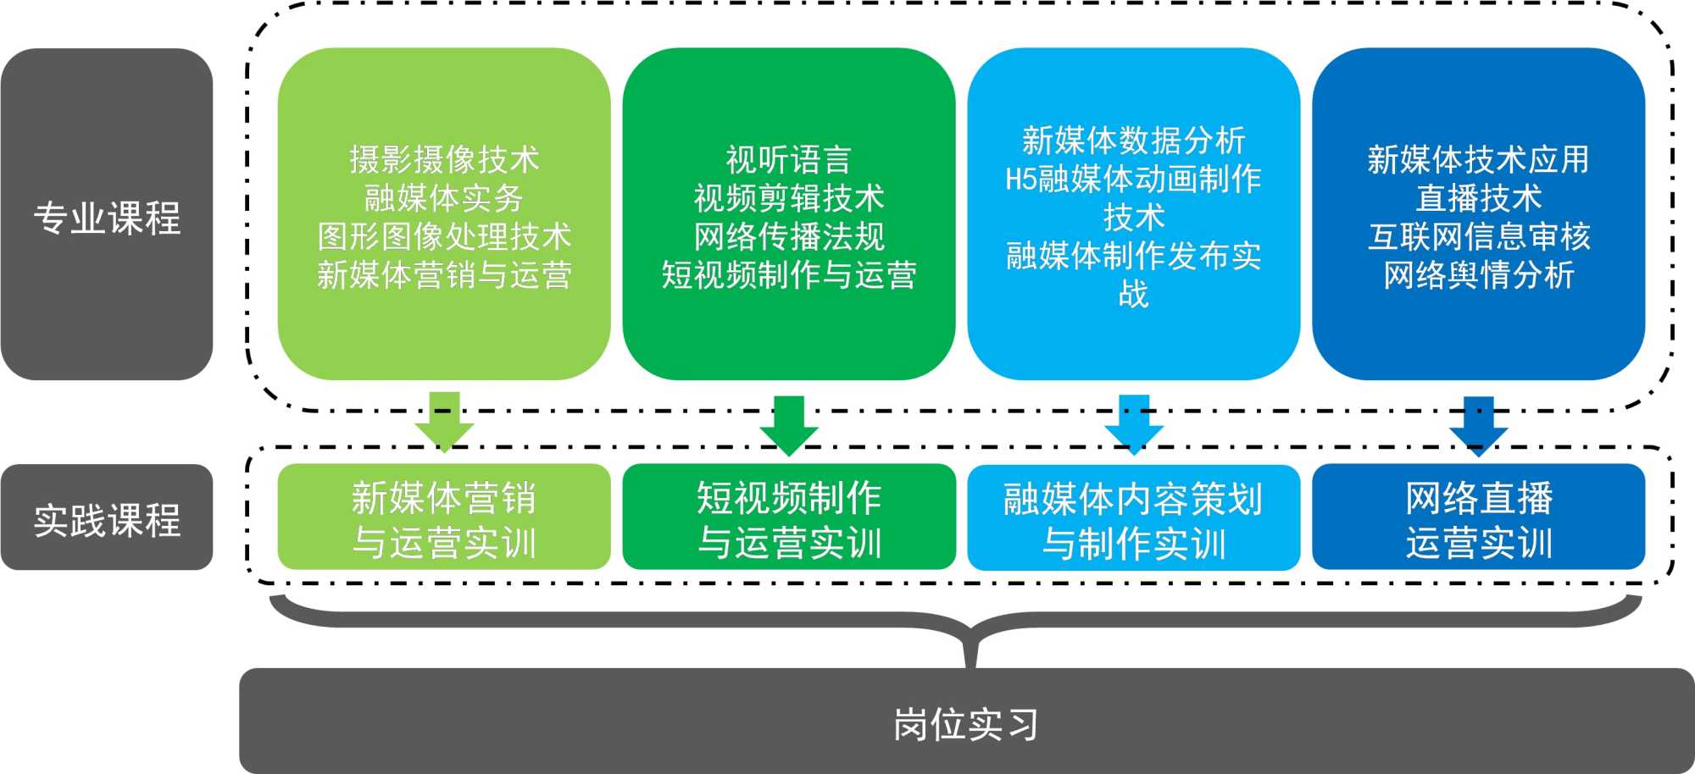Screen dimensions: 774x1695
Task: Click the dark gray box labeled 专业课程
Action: point(107,214)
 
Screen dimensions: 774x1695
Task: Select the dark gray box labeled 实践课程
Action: point(107,517)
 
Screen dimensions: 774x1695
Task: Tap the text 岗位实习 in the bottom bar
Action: point(965,724)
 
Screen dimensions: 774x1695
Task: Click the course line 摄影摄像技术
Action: point(444,159)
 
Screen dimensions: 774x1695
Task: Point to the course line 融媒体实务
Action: point(444,198)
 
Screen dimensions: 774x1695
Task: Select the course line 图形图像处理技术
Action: point(444,236)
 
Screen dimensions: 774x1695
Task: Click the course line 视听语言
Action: point(788,159)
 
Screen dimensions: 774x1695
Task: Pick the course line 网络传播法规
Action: point(788,236)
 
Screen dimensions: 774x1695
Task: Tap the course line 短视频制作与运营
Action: point(788,275)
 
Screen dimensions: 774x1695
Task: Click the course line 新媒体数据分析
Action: point(1133,141)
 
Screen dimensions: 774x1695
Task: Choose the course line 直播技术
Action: point(1478,198)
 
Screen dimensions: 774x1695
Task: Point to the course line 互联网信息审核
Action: point(1478,236)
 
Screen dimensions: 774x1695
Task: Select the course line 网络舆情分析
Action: point(1478,275)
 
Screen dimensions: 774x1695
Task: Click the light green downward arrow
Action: point(444,421)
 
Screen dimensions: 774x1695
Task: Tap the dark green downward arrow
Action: point(789,424)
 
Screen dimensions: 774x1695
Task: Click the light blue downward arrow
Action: point(1134,423)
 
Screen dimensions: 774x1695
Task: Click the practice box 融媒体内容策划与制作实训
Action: point(1133,518)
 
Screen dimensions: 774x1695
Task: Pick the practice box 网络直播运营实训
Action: point(1478,517)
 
